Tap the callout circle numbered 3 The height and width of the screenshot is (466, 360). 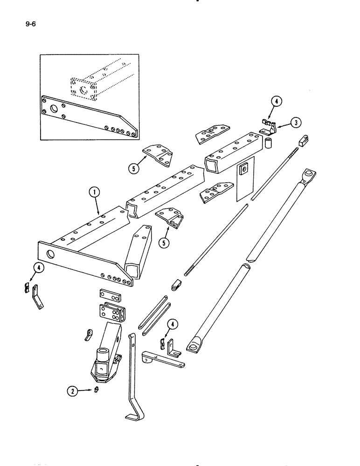(295, 123)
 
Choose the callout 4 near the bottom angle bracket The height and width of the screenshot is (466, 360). (173, 324)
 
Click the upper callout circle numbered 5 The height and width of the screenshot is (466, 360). (135, 169)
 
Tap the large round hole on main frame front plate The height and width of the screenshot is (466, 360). (50, 254)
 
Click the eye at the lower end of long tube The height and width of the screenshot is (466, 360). (193, 346)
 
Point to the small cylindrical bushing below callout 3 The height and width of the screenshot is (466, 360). (269, 142)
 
